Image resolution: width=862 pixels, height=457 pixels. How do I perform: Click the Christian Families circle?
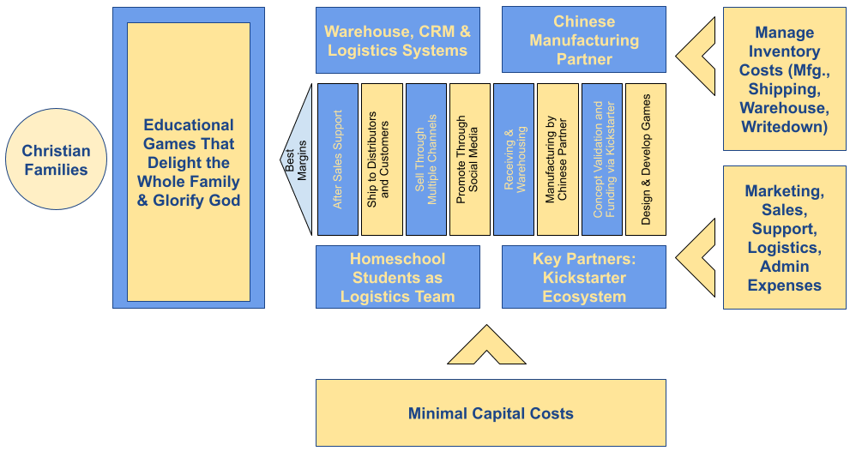(56, 159)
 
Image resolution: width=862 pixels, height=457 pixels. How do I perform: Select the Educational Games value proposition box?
(188, 162)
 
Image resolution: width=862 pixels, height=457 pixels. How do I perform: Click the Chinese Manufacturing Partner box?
(583, 39)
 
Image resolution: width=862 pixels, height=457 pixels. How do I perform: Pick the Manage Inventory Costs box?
(784, 79)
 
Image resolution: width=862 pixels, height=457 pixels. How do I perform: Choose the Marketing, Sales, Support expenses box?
(784, 238)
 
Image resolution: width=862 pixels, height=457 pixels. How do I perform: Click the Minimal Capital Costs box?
(491, 412)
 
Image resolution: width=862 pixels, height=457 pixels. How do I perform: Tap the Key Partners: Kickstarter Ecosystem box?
(583, 277)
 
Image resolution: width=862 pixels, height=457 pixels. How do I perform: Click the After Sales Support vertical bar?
(338, 159)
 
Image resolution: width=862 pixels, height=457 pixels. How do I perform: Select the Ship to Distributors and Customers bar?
(382, 159)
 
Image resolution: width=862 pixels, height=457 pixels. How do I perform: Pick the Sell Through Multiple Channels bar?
(426, 159)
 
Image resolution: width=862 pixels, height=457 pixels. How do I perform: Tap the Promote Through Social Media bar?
(470, 159)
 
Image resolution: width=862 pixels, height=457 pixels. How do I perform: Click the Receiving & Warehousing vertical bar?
(514, 159)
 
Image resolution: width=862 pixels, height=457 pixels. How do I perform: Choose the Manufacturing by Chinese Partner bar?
(558, 159)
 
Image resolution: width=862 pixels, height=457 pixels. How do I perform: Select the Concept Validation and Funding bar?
(602, 159)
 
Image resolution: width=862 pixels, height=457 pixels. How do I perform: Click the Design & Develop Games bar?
(646, 159)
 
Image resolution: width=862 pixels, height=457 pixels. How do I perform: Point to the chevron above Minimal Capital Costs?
(486, 347)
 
